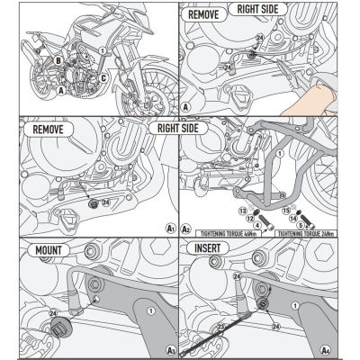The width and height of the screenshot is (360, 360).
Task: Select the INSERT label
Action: point(214,246)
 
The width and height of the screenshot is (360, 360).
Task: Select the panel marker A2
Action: point(187,229)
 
